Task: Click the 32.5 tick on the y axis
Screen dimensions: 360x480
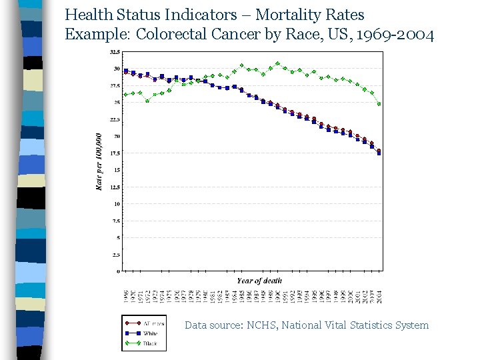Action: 115,52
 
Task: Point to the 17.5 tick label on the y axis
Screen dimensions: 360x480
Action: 115,153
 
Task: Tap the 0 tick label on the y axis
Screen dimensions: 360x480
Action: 117,271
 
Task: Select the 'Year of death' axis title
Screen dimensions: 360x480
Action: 259,281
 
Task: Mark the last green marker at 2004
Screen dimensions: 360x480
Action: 379,104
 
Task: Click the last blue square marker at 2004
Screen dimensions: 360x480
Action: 379,153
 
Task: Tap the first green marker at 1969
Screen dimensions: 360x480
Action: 125,94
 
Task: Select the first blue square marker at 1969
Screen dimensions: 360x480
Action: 125,71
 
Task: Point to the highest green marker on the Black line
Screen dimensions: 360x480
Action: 277,63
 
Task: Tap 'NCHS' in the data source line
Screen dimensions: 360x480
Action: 262,325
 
